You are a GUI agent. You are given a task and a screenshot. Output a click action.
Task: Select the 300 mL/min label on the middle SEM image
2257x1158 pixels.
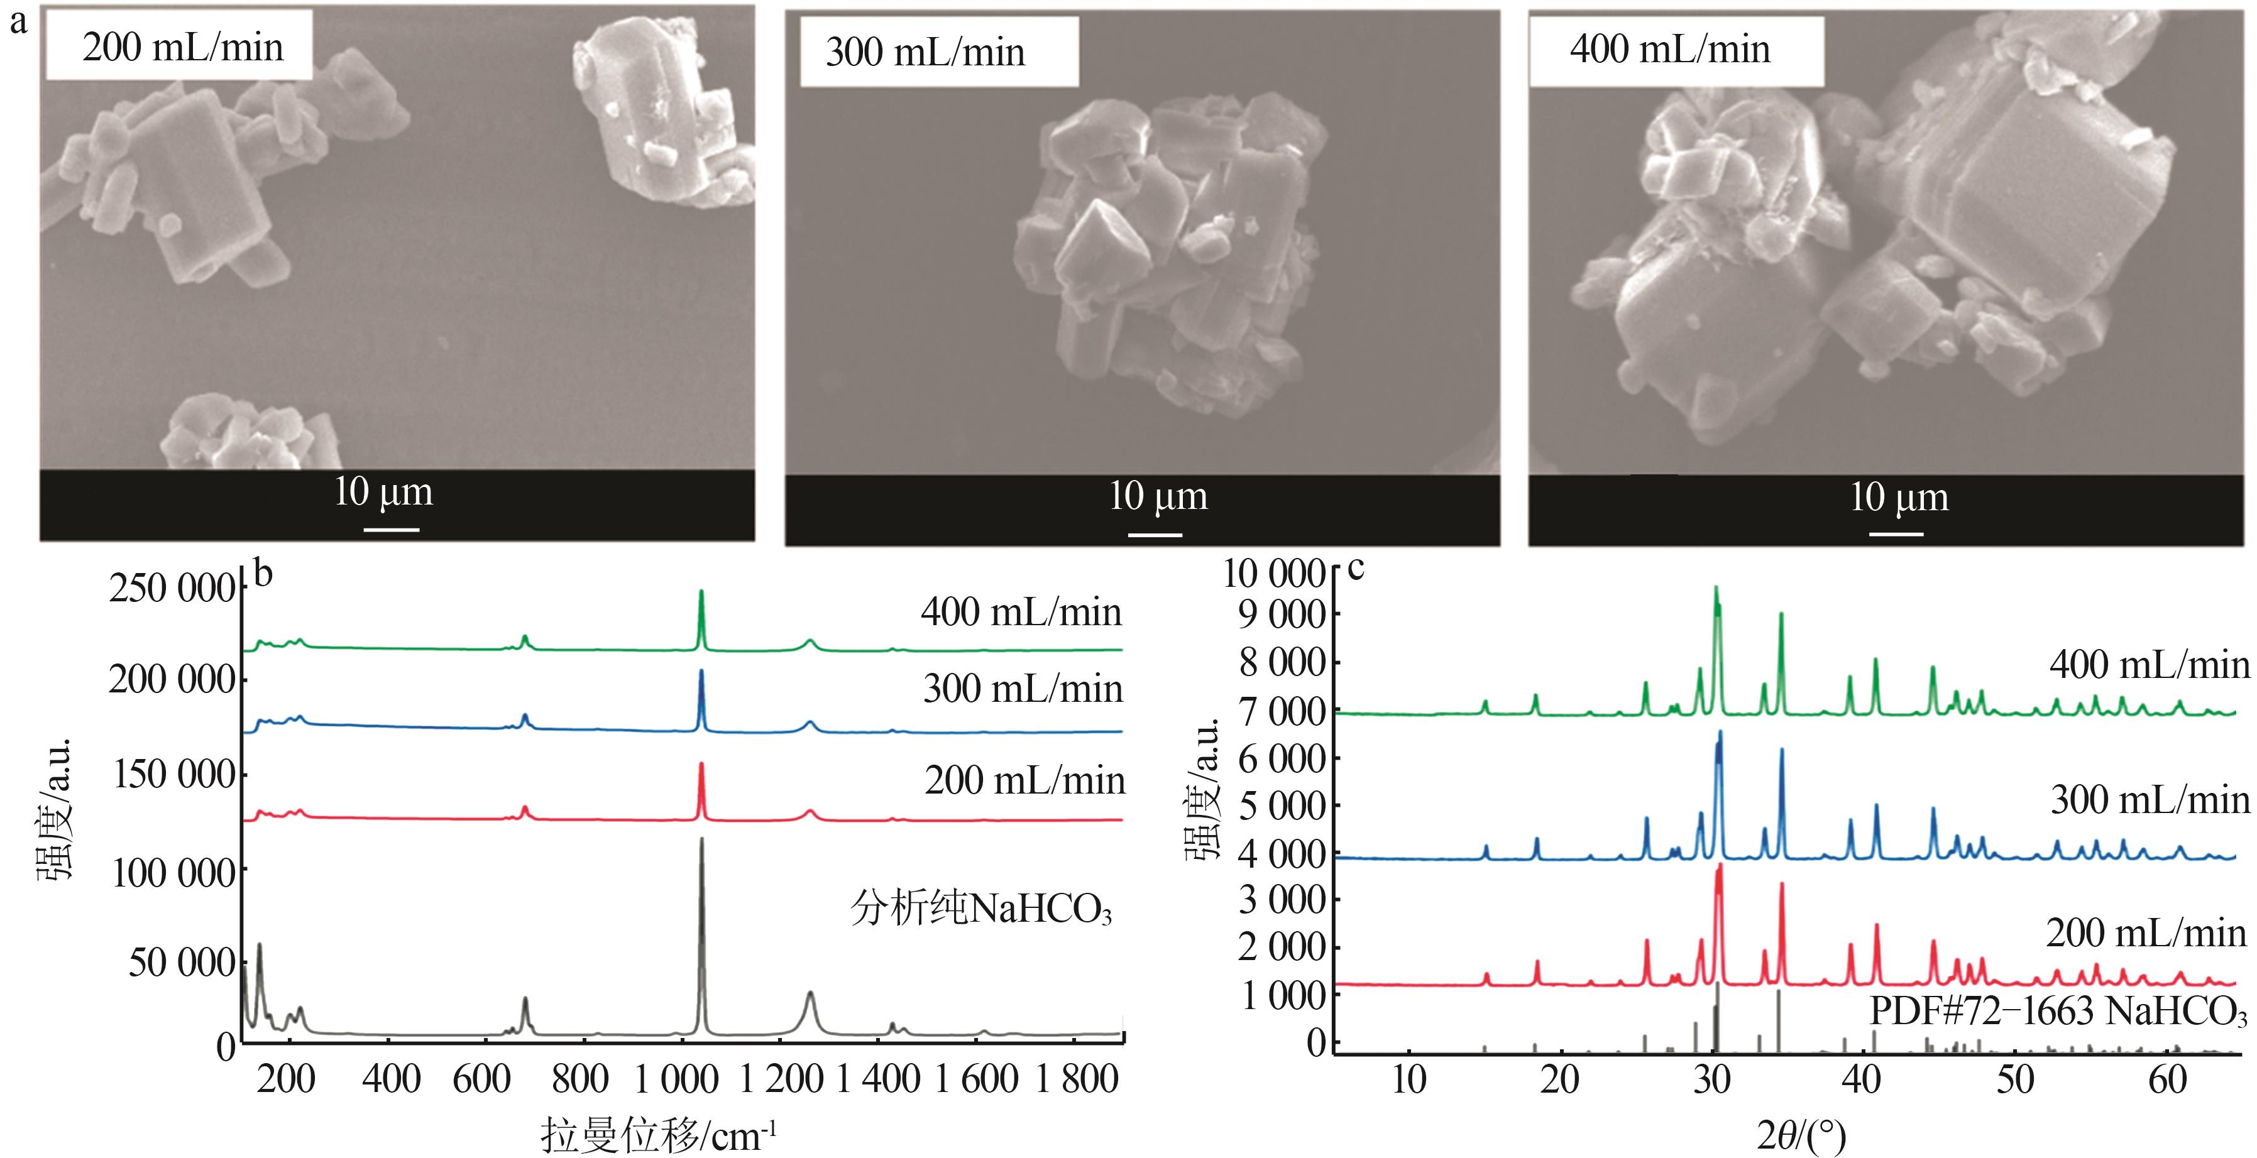(x=925, y=53)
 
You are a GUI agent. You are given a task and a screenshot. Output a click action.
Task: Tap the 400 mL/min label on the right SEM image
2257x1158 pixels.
(x=1670, y=49)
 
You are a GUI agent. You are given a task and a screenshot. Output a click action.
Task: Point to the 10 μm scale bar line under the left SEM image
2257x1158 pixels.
(x=391, y=529)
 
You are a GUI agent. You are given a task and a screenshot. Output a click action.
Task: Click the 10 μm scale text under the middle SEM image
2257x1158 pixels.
(x=1158, y=496)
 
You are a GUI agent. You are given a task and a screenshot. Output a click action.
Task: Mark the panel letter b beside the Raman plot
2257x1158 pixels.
(x=263, y=573)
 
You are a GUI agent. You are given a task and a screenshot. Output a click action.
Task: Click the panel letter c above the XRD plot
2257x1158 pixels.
(x=1356, y=567)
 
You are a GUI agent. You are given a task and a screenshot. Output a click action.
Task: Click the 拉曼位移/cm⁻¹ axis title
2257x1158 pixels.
(x=658, y=1136)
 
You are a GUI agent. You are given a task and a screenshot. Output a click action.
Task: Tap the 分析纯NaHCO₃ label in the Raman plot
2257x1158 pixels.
(x=980, y=909)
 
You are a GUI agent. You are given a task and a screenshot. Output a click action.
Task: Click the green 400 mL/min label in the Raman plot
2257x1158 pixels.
(x=1021, y=611)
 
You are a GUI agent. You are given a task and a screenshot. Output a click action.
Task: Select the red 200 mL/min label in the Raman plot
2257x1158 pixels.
(x=1024, y=780)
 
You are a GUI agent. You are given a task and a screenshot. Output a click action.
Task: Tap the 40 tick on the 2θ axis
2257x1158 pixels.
(x=1861, y=1080)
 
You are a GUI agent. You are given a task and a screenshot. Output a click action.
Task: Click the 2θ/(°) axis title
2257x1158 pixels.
(x=1801, y=1136)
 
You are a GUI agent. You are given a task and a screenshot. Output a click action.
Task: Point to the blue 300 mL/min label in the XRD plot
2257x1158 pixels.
(x=2150, y=800)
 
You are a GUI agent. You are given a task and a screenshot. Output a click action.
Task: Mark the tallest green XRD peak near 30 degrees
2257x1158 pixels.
(x=1715, y=589)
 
